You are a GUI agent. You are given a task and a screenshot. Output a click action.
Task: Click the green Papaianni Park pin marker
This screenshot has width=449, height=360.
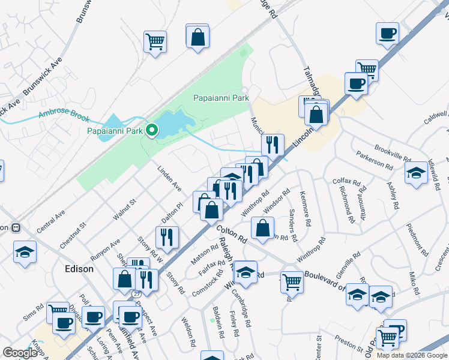pos(152,130)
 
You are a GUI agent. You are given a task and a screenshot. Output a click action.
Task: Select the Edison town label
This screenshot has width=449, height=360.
pos(79,269)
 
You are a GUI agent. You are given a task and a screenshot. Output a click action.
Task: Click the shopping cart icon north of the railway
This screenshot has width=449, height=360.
pos(155,41)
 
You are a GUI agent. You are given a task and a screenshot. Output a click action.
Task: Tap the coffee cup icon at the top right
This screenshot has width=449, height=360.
pos(387,33)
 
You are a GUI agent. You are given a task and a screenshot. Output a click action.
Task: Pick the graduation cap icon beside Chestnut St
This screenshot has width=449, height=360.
pos(25,252)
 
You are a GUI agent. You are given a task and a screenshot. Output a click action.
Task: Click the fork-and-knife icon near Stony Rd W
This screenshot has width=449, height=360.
pos(167,236)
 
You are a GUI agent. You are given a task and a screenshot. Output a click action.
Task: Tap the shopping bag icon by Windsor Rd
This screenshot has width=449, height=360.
pos(262,228)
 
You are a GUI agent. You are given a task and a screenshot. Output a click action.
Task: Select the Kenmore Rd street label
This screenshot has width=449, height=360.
pos(307,208)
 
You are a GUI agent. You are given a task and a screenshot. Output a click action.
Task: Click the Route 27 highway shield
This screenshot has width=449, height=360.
pos(136,294)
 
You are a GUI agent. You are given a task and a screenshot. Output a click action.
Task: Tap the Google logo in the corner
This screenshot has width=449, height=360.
pos(20,353)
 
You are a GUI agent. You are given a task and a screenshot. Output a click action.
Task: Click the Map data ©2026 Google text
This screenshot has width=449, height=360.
pos(411,355)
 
